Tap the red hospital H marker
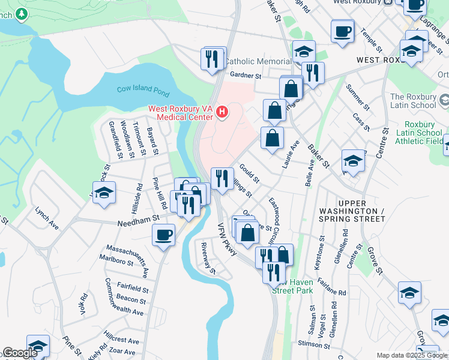pyautogui.click(x=223, y=112)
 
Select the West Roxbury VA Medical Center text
pyautogui.click(x=181, y=112)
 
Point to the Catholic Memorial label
pyautogui.click(x=258, y=62)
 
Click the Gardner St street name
pyautogui.click(x=246, y=76)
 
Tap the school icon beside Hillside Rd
pyautogui.click(x=104, y=193)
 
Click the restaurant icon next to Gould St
pyautogui.click(x=222, y=178)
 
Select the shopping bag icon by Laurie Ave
pyautogui.click(x=272, y=137)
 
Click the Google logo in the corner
pyautogui.click(x=20, y=353)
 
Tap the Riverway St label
pyautogui.click(x=208, y=259)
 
